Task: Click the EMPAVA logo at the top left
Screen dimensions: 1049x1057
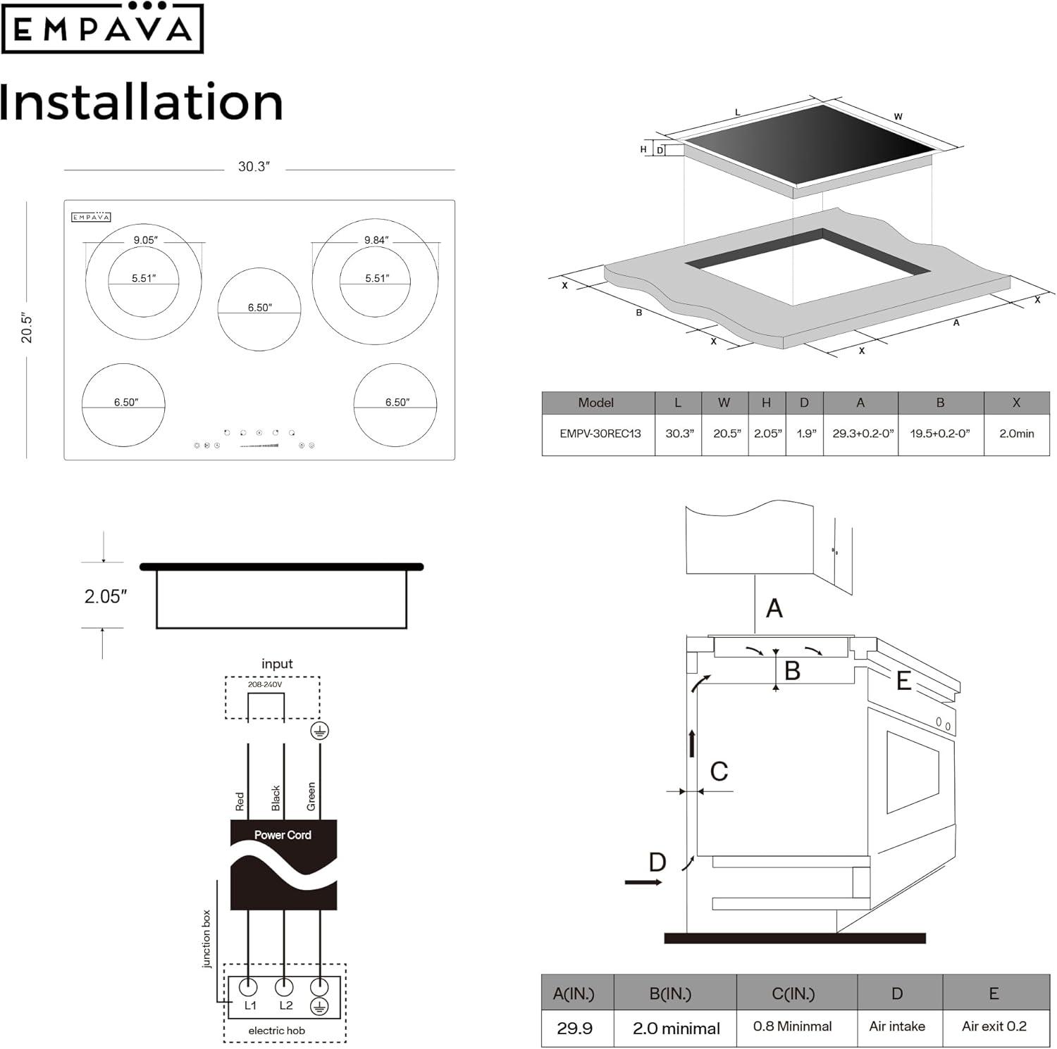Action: click(x=102, y=28)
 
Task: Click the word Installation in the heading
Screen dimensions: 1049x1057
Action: click(x=141, y=102)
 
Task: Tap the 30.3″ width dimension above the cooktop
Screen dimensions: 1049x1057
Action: click(x=254, y=167)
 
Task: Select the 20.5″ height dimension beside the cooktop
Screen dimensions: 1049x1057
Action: click(x=27, y=328)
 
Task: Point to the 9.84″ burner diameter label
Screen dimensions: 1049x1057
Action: click(x=376, y=240)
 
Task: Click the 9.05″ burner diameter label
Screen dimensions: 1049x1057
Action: click(x=145, y=240)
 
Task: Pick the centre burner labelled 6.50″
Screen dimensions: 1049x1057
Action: click(x=259, y=308)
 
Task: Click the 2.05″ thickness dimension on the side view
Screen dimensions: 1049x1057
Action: click(x=106, y=597)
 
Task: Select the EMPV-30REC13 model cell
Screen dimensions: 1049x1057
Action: click(x=600, y=434)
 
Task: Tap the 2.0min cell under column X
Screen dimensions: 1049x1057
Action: click(x=1016, y=434)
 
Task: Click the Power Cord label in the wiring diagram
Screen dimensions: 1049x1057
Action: click(x=283, y=835)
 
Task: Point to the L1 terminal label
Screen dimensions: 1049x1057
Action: click(x=250, y=1005)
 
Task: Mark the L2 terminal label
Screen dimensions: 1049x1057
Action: click(x=285, y=1005)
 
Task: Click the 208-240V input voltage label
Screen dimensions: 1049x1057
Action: click(x=265, y=684)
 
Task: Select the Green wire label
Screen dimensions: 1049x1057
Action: click(x=311, y=796)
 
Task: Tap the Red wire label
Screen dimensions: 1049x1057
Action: click(x=240, y=801)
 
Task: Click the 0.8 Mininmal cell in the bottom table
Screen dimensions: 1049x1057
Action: click(x=792, y=1026)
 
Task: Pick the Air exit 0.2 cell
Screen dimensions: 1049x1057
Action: click(x=994, y=1026)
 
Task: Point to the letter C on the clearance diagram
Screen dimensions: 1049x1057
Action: click(x=719, y=772)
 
